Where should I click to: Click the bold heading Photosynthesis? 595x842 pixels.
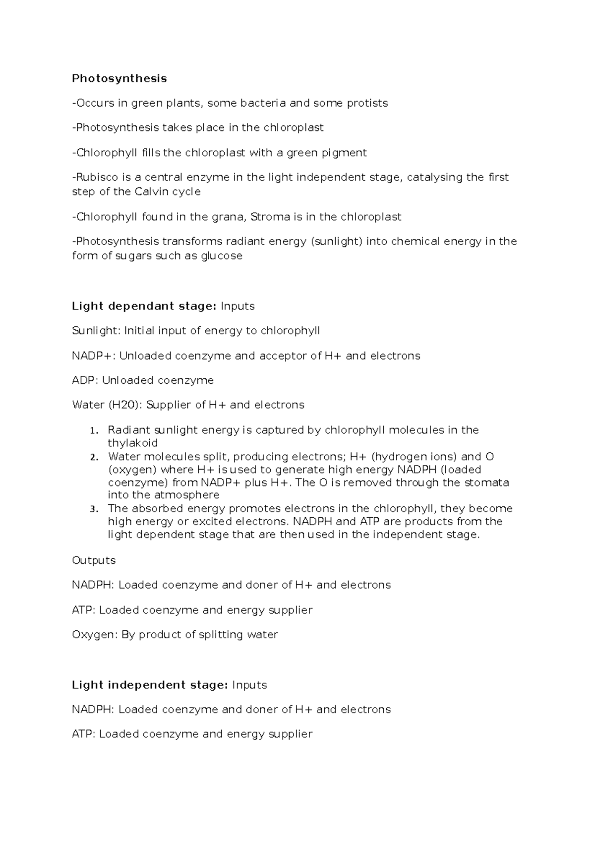click(119, 78)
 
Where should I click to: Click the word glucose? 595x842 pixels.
click(222, 256)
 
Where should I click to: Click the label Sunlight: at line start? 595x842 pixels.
click(96, 331)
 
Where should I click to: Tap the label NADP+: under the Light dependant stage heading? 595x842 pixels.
click(94, 356)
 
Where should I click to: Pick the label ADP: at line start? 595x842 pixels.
click(85, 380)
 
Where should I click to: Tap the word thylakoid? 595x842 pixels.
click(132, 443)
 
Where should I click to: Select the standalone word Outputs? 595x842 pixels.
click(94, 560)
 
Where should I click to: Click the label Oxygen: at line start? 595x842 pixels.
click(95, 635)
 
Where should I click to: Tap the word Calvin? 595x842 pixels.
click(151, 192)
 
